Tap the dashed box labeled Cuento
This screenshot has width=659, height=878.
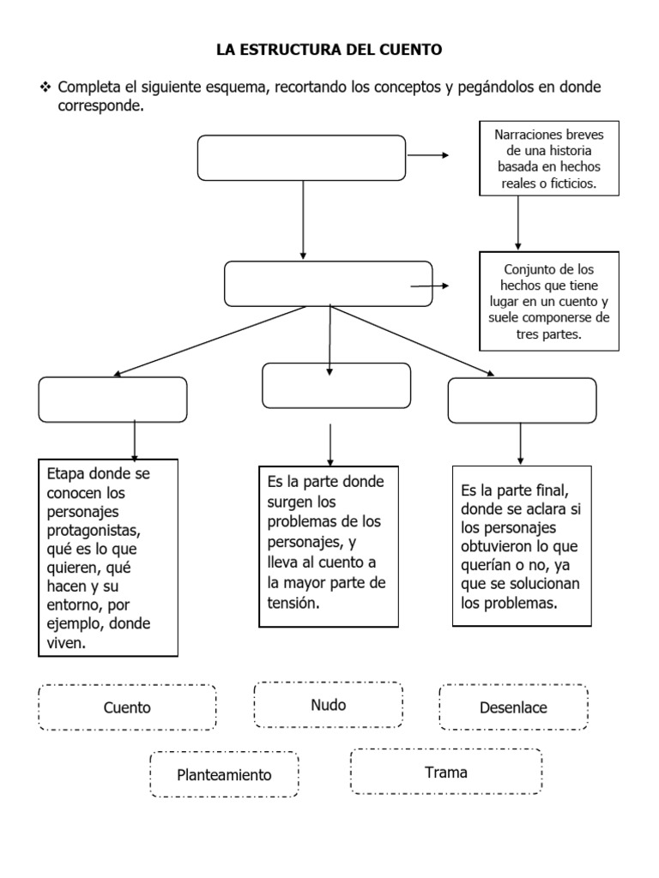click(127, 707)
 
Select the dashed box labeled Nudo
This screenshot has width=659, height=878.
click(328, 705)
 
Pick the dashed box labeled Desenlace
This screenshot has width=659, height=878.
click(513, 707)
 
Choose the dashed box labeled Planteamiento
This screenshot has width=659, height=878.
click(224, 775)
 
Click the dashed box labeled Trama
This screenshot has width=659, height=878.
click(446, 772)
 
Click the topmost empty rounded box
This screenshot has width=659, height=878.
click(301, 158)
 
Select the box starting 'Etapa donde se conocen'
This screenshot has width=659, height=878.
click(108, 557)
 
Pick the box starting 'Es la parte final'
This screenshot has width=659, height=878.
click(522, 546)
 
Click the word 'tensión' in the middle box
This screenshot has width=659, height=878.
click(293, 604)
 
